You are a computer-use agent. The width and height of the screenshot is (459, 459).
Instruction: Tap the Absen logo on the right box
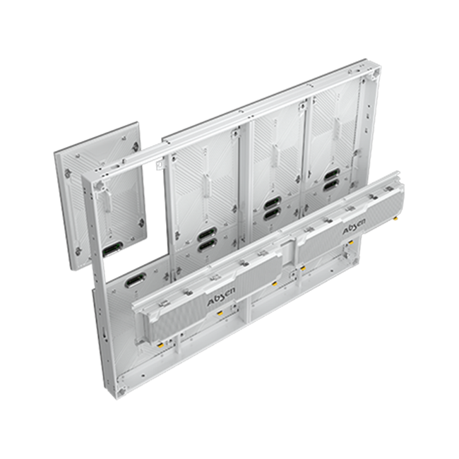click(354, 227)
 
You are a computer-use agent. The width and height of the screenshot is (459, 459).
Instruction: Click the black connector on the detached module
click(112, 249)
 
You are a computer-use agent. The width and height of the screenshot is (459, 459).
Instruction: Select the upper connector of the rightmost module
click(331, 174)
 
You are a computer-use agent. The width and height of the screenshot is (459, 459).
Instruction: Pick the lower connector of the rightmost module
click(331, 185)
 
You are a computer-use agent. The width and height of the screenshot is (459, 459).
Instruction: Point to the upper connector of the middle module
click(273, 203)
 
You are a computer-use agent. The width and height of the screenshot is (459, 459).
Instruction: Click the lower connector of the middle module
click(273, 214)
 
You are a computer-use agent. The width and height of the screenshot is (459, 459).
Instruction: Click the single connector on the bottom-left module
click(136, 280)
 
